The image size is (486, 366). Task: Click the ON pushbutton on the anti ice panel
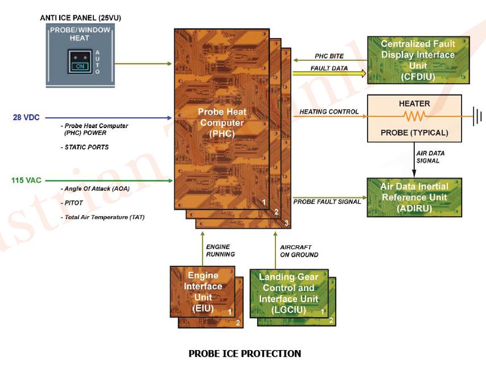click(x=80, y=62)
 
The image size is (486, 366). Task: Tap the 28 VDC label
click(x=26, y=117)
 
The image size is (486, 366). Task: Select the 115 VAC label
click(x=26, y=180)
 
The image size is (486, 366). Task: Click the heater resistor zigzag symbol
click(x=414, y=116)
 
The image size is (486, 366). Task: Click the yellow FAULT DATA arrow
click(x=329, y=73)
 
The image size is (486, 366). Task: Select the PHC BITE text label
click(x=329, y=56)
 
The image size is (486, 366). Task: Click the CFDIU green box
click(x=418, y=60)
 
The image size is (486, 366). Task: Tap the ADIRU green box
click(x=414, y=198)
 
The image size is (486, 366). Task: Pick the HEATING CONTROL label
click(x=329, y=112)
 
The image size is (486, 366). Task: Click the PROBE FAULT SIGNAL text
click(x=327, y=201)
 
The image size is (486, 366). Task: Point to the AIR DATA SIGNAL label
click(x=430, y=157)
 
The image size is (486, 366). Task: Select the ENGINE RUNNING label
click(x=220, y=250)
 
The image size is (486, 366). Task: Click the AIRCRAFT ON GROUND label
click(x=299, y=251)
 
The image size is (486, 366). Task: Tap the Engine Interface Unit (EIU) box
click(x=203, y=291)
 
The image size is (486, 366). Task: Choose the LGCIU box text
click(x=289, y=293)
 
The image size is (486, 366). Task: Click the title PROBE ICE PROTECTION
click(x=245, y=353)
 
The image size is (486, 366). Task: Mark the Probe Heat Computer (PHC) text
click(x=222, y=123)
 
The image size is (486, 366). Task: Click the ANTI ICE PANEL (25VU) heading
click(x=81, y=18)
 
